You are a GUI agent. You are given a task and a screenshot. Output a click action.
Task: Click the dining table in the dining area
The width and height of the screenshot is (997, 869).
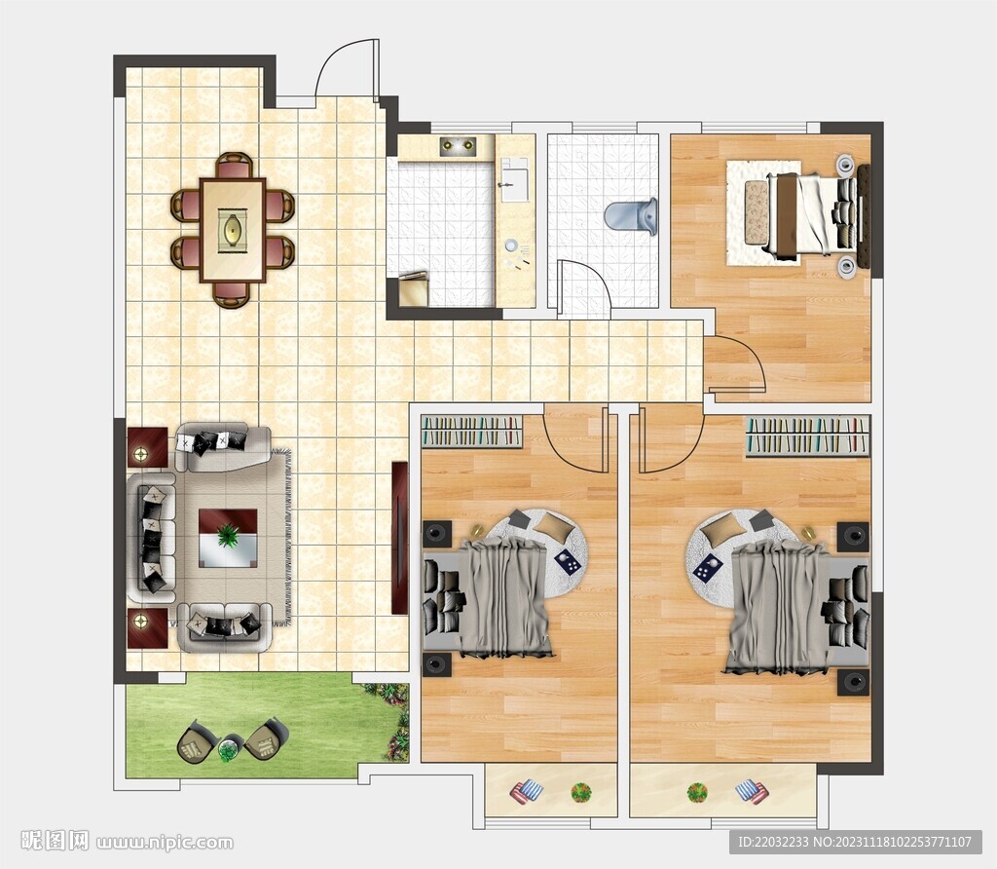[233, 230]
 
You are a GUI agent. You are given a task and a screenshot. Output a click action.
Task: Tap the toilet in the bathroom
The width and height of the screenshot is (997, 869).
[631, 216]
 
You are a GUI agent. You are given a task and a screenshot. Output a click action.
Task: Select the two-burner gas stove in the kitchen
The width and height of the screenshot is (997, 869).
[458, 145]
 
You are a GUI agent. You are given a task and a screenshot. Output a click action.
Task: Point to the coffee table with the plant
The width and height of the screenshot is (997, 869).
[228, 538]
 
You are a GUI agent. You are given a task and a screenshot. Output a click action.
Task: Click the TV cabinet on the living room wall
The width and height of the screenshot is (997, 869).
[399, 538]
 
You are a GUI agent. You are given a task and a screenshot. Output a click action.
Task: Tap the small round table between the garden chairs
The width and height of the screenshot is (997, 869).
[228, 749]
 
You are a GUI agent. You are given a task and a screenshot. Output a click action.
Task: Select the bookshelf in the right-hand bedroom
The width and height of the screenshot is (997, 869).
[807, 436]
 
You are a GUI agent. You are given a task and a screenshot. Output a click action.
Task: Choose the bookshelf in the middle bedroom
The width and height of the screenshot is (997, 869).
[472, 431]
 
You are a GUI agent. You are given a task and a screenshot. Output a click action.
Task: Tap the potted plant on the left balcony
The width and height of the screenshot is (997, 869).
[580, 793]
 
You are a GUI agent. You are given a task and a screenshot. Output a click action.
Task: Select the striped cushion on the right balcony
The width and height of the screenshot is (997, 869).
[752, 792]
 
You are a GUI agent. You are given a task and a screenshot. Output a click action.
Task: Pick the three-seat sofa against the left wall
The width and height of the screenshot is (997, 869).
[151, 538]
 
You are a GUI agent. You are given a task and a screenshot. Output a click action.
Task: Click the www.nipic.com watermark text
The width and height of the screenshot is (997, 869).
[165, 843]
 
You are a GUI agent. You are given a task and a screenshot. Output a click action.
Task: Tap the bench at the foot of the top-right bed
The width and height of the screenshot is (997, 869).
[757, 211]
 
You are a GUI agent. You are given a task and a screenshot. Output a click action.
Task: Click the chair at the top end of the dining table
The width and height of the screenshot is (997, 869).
[234, 166]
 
